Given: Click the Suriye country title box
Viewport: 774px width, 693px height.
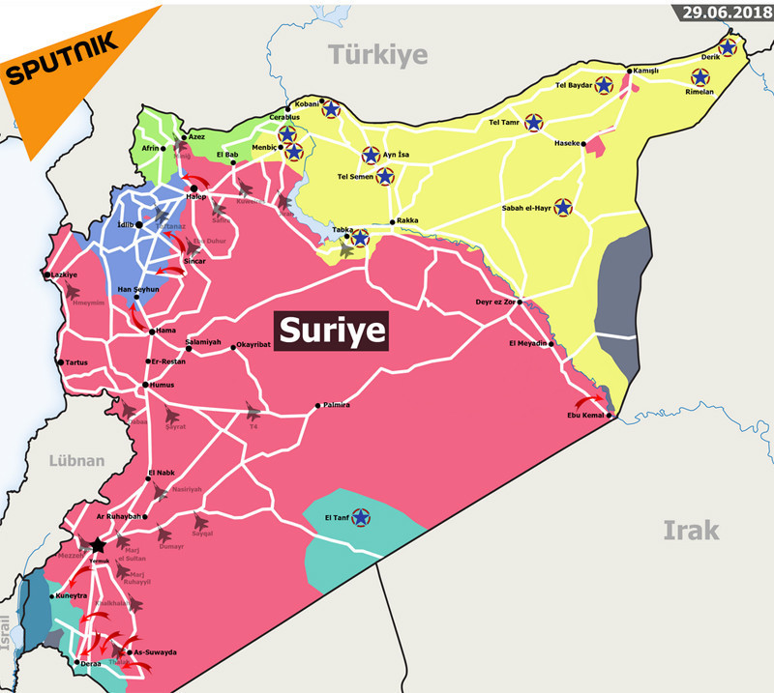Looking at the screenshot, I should coord(332,331).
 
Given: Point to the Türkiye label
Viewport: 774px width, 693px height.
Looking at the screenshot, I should coord(377,54).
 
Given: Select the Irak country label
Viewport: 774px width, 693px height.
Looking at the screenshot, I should coord(691,529).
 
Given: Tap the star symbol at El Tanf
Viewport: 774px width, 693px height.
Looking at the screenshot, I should coord(362,518).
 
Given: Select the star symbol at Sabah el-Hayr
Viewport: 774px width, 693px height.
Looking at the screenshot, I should coord(563,207).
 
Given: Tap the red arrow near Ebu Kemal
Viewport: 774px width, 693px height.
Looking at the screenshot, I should coord(588,402).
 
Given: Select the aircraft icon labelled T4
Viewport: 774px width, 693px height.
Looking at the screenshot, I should coord(253,411).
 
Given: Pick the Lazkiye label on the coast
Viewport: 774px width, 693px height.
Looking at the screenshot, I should coord(64,274).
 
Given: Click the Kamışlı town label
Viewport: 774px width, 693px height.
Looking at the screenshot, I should coord(645,71).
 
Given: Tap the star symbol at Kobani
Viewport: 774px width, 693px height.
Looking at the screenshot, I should coord(331,109).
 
